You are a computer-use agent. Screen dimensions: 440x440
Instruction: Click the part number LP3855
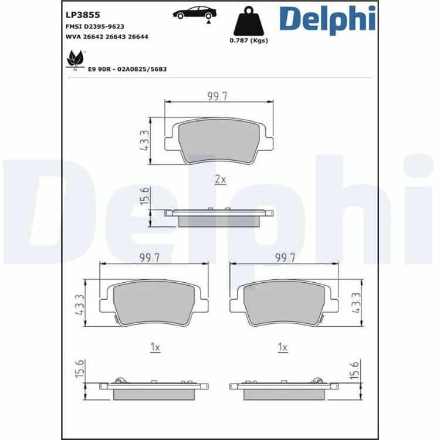coord(83,15)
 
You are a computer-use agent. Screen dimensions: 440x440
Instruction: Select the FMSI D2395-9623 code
coord(95,26)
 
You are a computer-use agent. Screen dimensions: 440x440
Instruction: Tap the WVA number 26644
coord(138,37)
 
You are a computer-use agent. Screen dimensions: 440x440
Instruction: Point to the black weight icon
coord(249,21)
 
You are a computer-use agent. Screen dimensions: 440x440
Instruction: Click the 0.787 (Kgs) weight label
coord(249,40)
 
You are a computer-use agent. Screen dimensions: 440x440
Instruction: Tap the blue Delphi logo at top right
coord(327,19)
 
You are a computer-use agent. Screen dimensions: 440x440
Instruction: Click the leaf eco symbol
coord(75,59)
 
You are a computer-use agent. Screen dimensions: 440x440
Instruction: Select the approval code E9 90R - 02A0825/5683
coord(127,69)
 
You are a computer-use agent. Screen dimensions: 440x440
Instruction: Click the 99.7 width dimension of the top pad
coord(218,96)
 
